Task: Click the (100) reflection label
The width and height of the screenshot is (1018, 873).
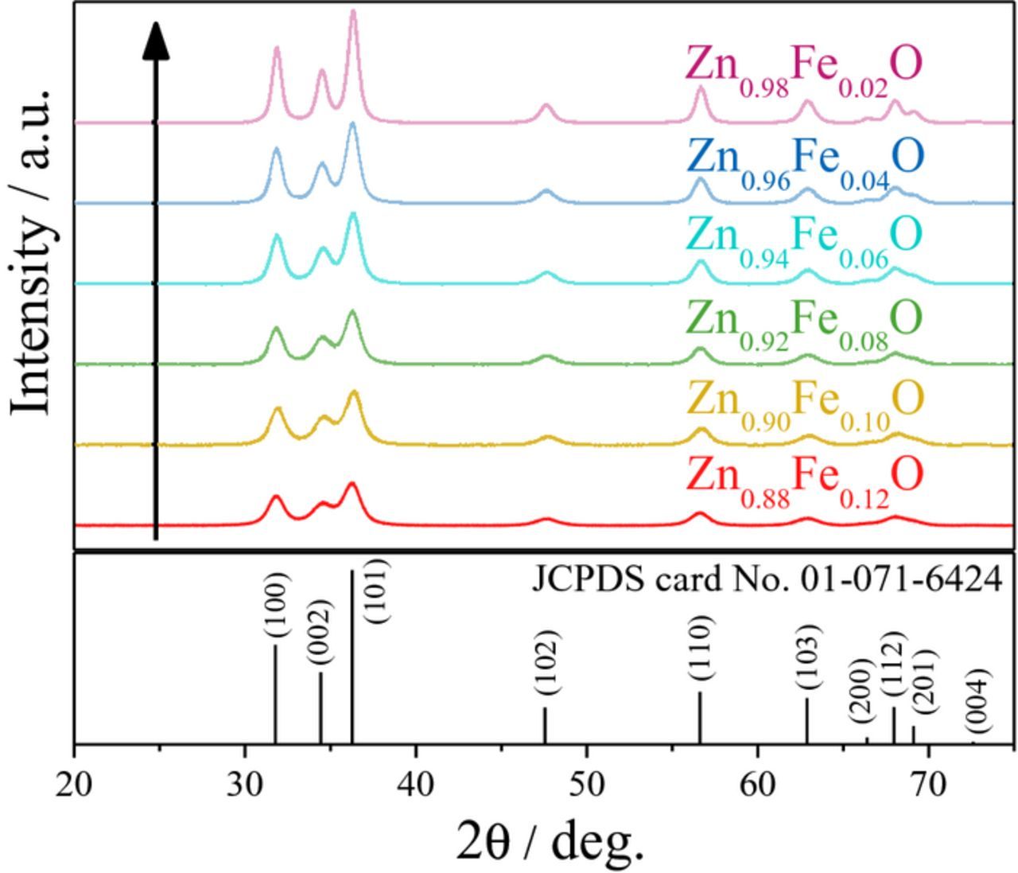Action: click(277, 605)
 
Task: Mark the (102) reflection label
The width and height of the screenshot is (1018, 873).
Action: click(546, 663)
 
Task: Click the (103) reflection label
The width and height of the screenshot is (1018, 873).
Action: click(806, 658)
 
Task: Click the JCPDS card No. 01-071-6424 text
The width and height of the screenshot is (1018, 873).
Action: click(766, 579)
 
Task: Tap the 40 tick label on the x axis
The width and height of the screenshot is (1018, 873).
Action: click(416, 785)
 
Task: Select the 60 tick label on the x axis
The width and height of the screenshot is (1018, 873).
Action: click(757, 785)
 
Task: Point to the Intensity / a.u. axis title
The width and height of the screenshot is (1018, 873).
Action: click(33, 251)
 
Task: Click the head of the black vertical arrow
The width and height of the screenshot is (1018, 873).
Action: click(156, 40)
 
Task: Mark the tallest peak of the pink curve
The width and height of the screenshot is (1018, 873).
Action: click(353, 13)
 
